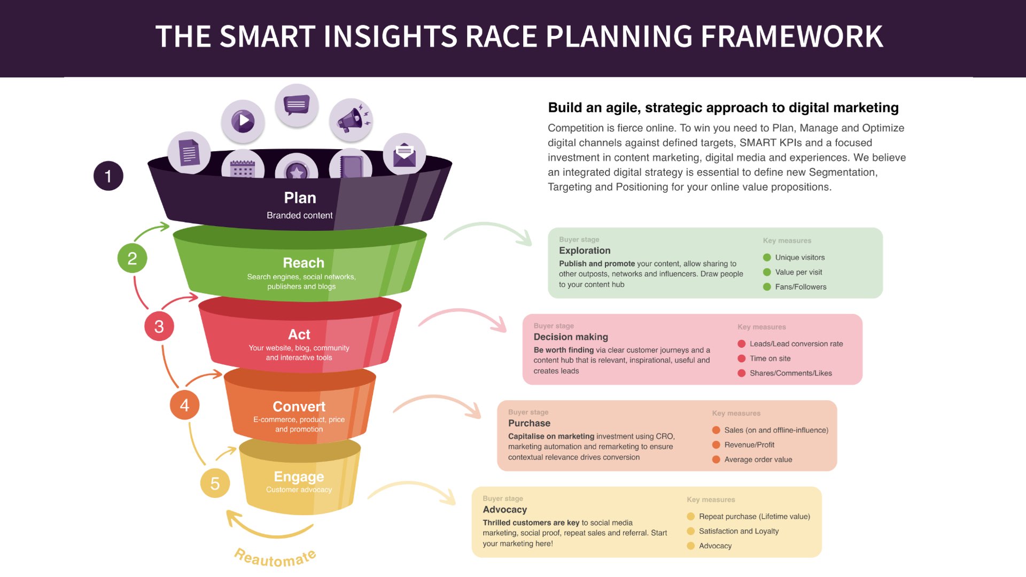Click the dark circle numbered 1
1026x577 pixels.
coord(108,176)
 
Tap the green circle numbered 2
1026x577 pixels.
coord(132,258)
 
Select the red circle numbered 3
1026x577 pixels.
coord(159,326)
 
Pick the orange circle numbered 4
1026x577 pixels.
coord(184,404)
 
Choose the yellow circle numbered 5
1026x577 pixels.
coord(215,483)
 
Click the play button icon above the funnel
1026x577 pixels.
coord(243,120)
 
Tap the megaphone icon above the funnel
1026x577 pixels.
coord(351,120)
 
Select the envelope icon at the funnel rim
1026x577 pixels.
coord(405,154)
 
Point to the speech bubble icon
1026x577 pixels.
coord(297,105)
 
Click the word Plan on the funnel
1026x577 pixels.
coord(300,198)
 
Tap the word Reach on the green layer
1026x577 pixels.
coord(304,263)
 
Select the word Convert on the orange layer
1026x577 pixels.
coord(299,407)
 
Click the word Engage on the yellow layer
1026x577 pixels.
coord(299,477)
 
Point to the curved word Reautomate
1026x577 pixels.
coord(275,558)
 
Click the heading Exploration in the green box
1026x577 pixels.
coord(585,251)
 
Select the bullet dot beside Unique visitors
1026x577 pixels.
coord(767,258)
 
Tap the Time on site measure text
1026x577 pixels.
coord(770,358)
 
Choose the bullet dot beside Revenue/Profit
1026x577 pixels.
coord(716,445)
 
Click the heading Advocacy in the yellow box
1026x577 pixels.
coord(505,510)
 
